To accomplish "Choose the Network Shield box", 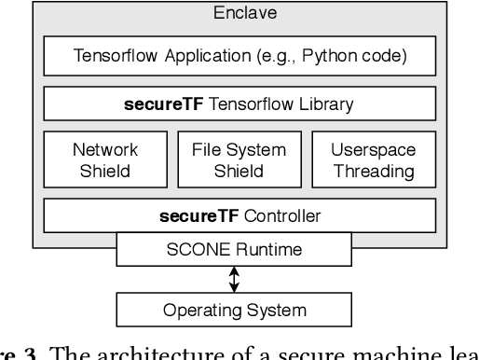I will click(x=104, y=159).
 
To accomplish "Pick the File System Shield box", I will click(x=240, y=159).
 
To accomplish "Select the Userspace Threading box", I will click(x=374, y=159).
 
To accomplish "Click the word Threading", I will click(x=374, y=170).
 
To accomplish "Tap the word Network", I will click(x=104, y=148).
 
